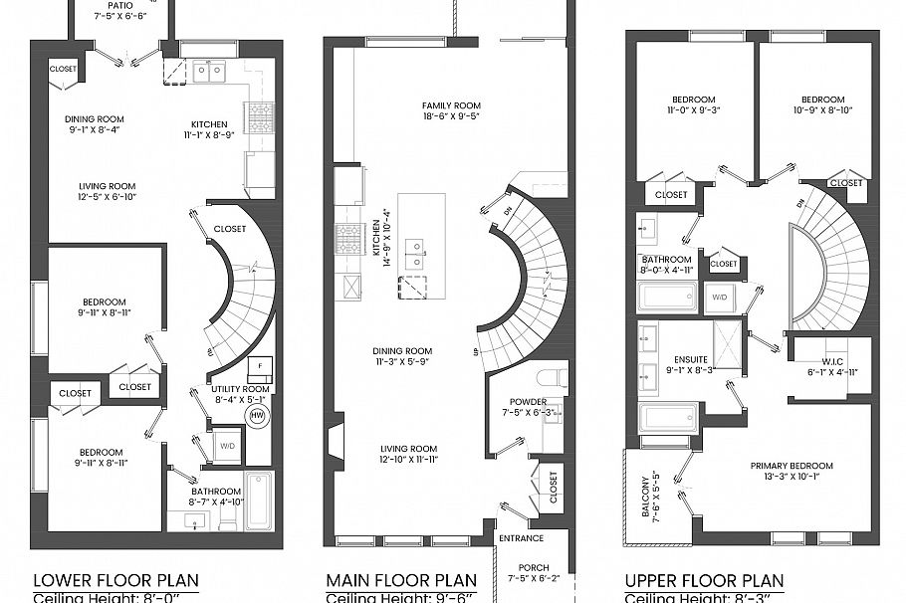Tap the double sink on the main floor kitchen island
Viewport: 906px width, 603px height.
tap(415, 248)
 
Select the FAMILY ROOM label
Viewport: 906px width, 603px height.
tap(450, 105)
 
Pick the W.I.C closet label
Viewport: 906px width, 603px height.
tap(830, 360)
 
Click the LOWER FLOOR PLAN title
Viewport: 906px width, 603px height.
tap(115, 580)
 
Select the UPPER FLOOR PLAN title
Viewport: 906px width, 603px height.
tap(703, 580)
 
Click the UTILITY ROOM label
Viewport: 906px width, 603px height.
tap(239, 390)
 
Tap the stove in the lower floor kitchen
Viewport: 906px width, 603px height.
tap(260, 118)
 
